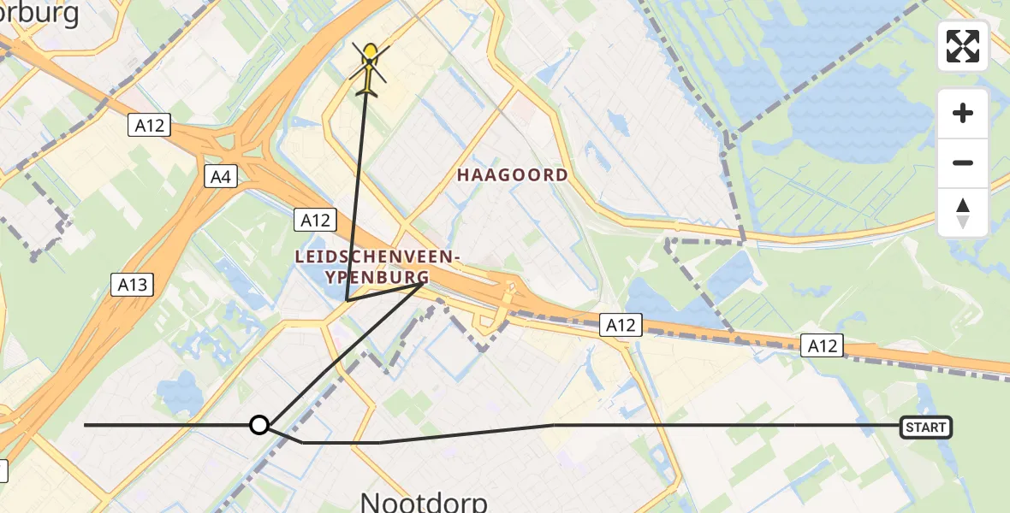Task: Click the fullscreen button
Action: pos(963,46)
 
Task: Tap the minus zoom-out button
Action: pos(963,163)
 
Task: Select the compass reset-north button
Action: pos(963,213)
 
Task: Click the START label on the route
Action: pos(926,427)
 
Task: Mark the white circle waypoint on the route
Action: pos(258,425)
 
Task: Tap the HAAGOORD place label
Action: pos(512,175)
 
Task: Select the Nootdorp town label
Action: pos(425,501)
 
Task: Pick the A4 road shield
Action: pos(221,177)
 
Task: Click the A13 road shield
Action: pos(133,285)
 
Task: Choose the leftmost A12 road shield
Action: pos(151,126)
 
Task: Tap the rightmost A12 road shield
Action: pos(823,345)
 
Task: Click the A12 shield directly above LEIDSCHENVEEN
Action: pos(315,220)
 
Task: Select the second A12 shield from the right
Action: pos(621,325)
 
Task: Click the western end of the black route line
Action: pos(86,425)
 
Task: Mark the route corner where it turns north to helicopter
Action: pos(347,300)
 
